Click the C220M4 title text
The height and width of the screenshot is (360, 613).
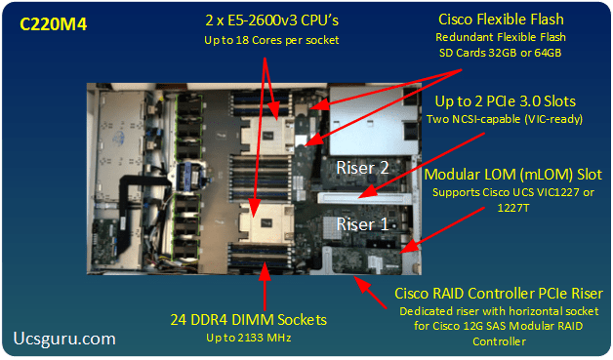(53, 24)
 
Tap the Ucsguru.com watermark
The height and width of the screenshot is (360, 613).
(64, 339)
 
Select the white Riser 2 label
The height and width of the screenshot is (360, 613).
(362, 168)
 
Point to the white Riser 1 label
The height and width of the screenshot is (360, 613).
(362, 224)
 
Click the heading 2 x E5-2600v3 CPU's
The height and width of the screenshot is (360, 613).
(271, 20)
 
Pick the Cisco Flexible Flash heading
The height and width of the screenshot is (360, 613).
(501, 20)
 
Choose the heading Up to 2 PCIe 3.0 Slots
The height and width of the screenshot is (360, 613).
(505, 101)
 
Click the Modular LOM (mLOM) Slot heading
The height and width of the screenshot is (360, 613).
(512, 175)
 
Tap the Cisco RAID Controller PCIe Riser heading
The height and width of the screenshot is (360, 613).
(499, 293)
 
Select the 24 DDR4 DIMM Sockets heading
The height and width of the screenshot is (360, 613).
(248, 320)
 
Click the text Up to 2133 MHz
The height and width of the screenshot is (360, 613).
(249, 338)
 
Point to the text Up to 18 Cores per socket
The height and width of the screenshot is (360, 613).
(271, 40)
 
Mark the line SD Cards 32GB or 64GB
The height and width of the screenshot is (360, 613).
(500, 53)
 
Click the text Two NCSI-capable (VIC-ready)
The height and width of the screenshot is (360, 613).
(505, 119)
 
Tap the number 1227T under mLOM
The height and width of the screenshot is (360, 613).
(512, 208)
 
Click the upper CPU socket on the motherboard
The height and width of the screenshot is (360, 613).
(267, 134)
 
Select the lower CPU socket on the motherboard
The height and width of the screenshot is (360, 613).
(266, 222)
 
